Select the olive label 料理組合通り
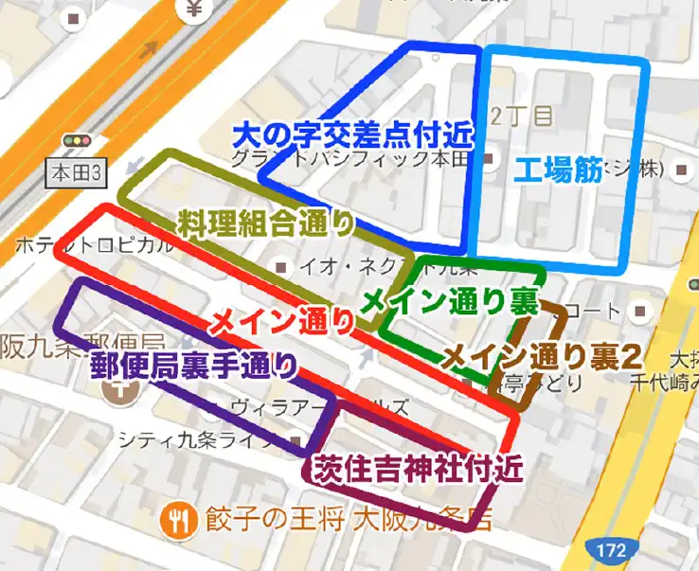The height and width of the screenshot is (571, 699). [265, 224]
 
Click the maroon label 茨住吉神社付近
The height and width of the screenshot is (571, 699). [410, 470]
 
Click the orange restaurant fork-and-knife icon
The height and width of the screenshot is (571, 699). [177, 517]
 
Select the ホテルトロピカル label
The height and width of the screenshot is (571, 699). [94, 245]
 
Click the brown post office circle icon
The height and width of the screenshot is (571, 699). [121, 395]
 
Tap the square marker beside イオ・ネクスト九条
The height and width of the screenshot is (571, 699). [280, 266]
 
